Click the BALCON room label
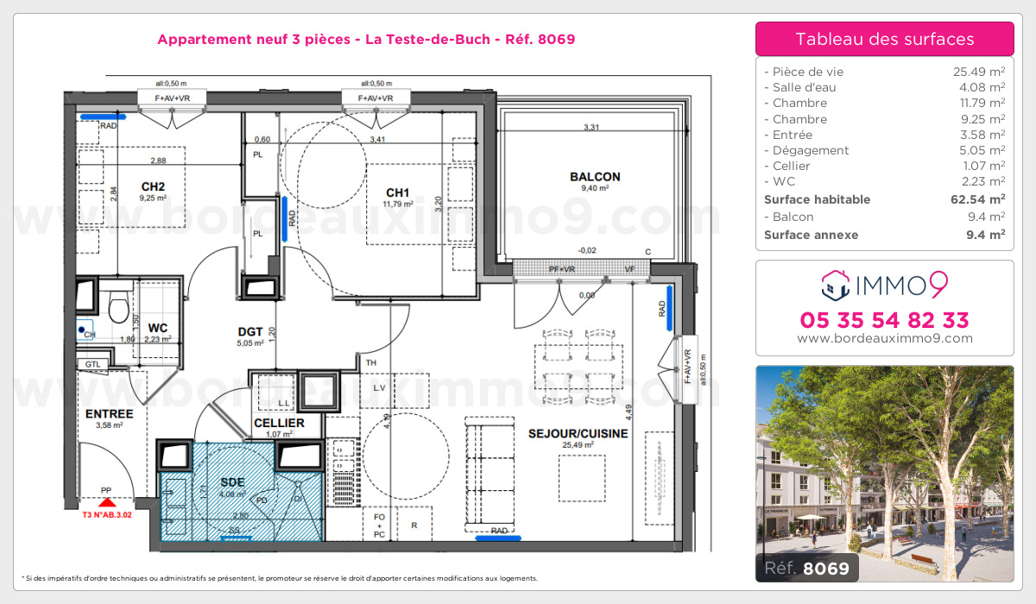coord(595,177)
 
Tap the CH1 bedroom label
coord(397,192)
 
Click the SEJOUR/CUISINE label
coord(578,433)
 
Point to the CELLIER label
coord(279,423)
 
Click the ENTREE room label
coord(109,414)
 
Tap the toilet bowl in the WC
coord(119,304)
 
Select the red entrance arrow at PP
coord(106,501)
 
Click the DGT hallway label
coord(250,331)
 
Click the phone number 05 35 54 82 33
coord(884,320)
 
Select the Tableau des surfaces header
coord(884,39)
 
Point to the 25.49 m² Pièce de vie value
coord(977,72)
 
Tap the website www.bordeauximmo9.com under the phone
coord(884,339)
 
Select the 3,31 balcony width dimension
coord(591,128)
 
